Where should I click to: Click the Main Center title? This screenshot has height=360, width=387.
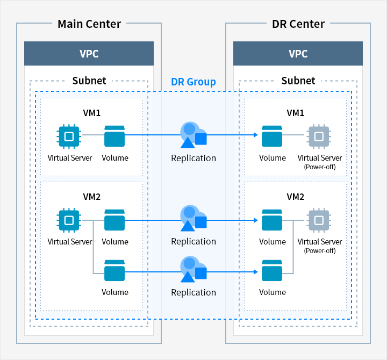(89, 24)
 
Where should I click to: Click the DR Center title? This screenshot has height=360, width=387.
(298, 24)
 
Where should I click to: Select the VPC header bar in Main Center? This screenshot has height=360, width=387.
(89, 54)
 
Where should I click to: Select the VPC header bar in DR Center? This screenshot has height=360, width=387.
(298, 54)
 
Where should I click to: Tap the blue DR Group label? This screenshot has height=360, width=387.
(193, 82)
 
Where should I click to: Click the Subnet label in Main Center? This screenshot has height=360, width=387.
(89, 81)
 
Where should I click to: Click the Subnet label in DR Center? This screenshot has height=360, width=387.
(298, 81)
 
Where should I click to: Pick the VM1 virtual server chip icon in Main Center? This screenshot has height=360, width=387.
(69, 136)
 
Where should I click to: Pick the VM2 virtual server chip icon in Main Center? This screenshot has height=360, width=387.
(69, 220)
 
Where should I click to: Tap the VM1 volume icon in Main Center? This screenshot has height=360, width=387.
(114, 136)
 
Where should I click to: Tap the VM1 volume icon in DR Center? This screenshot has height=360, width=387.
(272, 136)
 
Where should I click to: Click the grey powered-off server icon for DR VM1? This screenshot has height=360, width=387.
(318, 136)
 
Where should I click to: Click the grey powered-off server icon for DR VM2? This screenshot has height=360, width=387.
(318, 220)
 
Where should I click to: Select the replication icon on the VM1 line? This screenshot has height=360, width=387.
(193, 135)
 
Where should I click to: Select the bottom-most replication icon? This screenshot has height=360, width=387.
(193, 269)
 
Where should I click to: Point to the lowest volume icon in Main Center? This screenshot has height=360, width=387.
(114, 270)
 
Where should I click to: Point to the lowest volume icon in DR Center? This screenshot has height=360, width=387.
(272, 270)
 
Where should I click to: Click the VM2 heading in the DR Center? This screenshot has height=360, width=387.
(295, 197)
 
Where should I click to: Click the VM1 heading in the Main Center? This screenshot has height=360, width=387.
(92, 113)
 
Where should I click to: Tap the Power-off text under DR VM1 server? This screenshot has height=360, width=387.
(320, 167)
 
